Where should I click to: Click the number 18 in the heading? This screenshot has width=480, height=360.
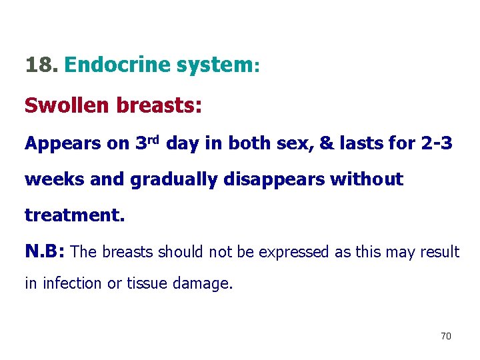(41, 65)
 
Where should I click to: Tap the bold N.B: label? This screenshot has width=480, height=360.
(45, 252)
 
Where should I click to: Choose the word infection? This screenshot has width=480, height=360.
(73, 284)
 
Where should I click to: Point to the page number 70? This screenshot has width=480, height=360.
(446, 336)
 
